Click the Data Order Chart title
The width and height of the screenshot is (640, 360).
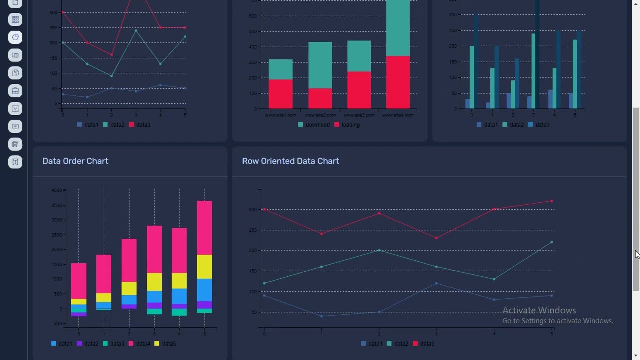point(75,161)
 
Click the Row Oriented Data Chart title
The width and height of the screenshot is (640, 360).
point(290,161)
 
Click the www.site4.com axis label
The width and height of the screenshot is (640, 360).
point(398,115)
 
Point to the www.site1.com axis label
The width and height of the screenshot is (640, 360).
point(281,115)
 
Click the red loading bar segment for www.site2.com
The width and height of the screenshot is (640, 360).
point(320,98)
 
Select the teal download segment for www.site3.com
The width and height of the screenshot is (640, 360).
point(359,56)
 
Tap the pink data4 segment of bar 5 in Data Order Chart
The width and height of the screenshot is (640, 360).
point(204,228)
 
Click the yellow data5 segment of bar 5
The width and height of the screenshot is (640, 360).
point(204,267)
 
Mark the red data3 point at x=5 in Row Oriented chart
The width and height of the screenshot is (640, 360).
point(552,201)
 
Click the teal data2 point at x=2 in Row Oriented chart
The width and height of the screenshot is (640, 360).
point(379,250)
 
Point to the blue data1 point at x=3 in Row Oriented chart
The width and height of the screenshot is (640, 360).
point(436,283)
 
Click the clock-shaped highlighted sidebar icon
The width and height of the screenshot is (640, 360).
point(15,37)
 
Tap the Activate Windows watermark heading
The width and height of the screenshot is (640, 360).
point(539,310)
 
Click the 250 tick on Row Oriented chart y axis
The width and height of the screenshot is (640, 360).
point(254,230)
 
